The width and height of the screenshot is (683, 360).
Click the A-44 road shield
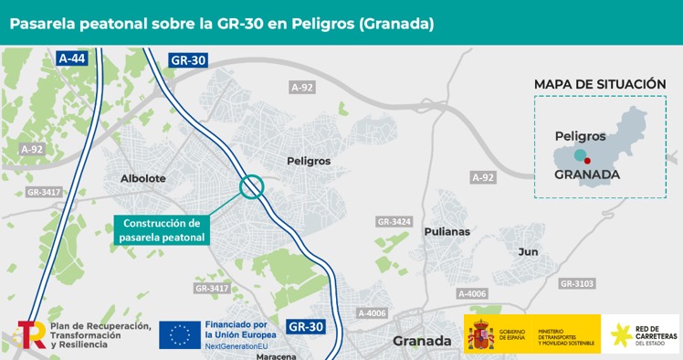point(71,58)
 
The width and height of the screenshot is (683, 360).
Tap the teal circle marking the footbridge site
point(251,186)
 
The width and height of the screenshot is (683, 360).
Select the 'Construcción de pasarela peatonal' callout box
point(162,230)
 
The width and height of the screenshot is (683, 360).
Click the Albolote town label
point(143,178)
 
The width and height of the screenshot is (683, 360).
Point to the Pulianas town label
point(447,231)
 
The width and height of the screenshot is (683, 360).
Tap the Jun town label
point(528,251)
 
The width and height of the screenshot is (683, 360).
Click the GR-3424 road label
point(394,222)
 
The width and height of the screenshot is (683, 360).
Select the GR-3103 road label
point(577,284)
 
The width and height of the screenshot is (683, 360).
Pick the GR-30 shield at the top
point(189,60)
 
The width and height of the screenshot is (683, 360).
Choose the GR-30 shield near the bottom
point(306,325)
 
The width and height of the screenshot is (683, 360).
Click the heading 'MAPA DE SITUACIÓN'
point(600,84)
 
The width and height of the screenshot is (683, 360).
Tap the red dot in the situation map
point(588,160)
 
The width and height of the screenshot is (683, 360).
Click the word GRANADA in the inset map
point(587,174)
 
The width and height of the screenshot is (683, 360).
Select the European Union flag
point(180,334)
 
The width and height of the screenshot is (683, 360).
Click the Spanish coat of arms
point(480,335)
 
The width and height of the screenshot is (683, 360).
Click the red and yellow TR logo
point(31,334)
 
